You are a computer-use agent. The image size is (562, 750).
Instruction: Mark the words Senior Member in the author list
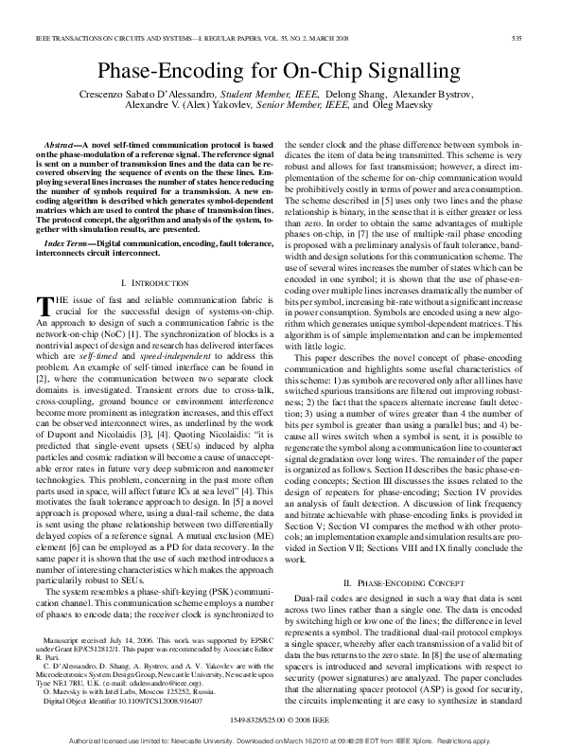(295, 108)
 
